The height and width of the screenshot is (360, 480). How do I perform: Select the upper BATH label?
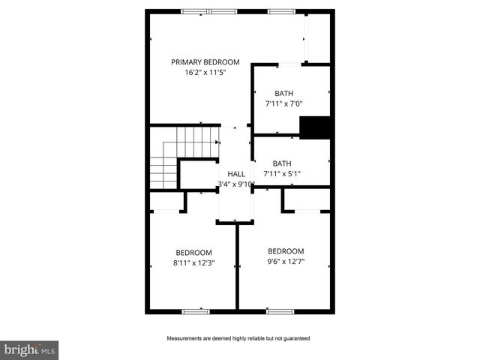pos(283,94)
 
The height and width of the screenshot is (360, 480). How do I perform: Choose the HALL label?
pos(236,173)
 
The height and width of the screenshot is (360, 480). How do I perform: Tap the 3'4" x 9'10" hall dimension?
pos(236,184)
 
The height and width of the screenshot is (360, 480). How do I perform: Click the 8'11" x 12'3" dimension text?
pos(193,263)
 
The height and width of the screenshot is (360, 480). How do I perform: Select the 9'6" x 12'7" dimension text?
pos(286,262)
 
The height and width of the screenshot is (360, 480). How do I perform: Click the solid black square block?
pos(316,127)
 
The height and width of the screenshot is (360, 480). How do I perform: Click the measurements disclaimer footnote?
pos(238,338)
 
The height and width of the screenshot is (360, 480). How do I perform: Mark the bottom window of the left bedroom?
pos(195,310)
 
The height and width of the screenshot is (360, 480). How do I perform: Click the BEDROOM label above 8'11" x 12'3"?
pos(193,253)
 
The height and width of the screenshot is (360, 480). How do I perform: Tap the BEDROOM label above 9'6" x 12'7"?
pos(286,251)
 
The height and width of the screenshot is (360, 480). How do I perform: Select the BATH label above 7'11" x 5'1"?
pos(282,163)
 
